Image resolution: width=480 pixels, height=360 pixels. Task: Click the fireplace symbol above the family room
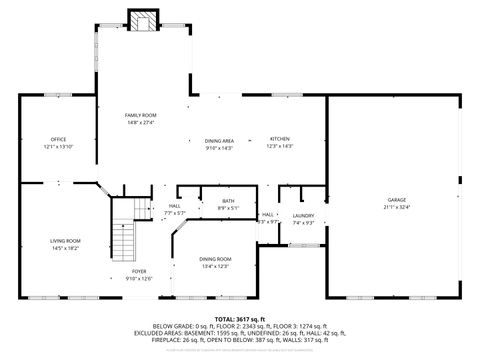[143, 21]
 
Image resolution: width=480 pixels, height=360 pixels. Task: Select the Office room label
[59, 138]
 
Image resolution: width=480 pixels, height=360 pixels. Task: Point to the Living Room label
[66, 240]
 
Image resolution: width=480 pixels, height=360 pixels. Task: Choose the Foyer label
[139, 271]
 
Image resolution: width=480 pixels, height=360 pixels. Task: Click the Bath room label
[228, 201]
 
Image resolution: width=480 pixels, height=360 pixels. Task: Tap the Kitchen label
[280, 138]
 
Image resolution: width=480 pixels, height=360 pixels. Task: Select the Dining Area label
[219, 141]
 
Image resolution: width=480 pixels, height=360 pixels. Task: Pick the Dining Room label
[217, 258]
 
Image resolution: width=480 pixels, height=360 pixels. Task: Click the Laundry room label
[304, 215]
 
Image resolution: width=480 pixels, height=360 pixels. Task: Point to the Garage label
[397, 200]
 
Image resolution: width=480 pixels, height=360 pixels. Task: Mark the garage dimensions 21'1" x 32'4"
[397, 207]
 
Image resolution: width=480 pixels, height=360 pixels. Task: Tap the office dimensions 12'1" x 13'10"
[59, 146]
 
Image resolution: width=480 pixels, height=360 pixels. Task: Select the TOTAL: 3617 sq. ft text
[240, 319]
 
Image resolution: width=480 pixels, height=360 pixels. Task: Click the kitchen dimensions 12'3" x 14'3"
[280, 146]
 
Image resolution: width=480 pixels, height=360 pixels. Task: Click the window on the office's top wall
[57, 95]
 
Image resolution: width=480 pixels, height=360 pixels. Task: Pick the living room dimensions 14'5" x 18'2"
[66, 247]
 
